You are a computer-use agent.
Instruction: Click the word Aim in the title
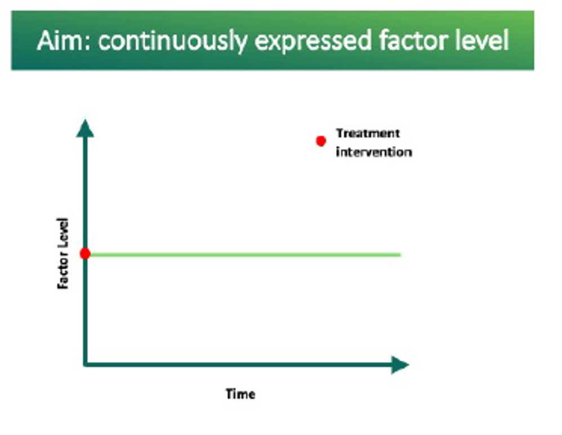(x=60, y=40)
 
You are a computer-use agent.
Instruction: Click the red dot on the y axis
(x=85, y=254)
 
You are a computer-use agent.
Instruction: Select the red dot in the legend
(x=321, y=141)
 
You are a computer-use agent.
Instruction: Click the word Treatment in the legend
(x=368, y=134)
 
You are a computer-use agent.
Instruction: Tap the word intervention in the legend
(x=374, y=152)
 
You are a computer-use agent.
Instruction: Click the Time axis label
(x=240, y=394)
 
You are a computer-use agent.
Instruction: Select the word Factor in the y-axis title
(x=63, y=270)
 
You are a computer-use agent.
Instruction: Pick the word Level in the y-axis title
(x=63, y=232)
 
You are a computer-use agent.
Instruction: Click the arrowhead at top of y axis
(x=85, y=128)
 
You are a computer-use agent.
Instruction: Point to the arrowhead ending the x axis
(x=400, y=365)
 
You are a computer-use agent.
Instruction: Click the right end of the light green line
(x=400, y=255)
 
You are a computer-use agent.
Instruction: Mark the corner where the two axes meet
(x=85, y=365)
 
